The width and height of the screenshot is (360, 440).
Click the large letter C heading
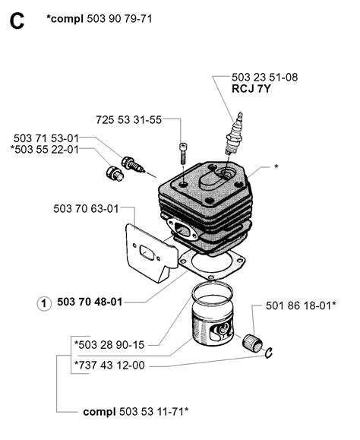17,21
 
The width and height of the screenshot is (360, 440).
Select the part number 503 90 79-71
119,19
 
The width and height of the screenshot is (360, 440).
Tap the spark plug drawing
235,135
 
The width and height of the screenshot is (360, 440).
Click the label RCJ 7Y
251,89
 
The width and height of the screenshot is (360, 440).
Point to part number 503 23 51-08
264,78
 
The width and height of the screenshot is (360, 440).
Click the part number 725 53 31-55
128,120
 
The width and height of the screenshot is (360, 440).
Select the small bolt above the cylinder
182,154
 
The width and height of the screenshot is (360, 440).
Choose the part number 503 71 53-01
46,138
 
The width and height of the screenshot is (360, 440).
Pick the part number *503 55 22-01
45,149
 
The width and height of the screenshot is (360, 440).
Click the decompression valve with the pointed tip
132,164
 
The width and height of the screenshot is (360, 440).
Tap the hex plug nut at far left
115,173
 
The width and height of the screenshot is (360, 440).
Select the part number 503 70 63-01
86,209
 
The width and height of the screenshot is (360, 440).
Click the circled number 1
44,304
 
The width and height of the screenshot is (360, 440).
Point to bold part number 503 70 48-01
90,302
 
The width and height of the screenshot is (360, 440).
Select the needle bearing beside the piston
252,343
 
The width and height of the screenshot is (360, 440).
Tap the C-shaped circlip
269,353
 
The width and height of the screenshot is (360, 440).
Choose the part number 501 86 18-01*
301,305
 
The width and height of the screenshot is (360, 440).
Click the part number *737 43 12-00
109,365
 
